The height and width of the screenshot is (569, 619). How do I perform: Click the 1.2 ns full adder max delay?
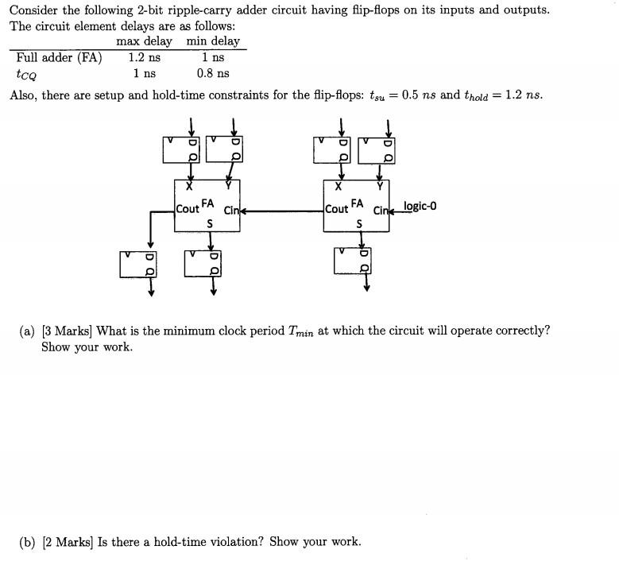point(144,57)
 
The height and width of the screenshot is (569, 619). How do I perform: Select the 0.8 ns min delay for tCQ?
point(213,73)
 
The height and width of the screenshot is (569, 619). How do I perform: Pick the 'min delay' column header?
point(213,41)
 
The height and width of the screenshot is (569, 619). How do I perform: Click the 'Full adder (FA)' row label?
point(59,57)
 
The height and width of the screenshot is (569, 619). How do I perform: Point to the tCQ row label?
point(25,74)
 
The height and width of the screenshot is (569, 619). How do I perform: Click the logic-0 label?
point(420,207)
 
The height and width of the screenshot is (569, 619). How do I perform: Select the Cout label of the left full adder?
point(188,209)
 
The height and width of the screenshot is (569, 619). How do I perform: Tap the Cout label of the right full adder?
point(336,209)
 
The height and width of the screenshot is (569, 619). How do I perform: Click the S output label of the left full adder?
point(210,224)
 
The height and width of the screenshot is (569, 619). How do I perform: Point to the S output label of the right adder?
point(359,224)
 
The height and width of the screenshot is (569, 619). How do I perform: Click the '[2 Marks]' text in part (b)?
point(68,542)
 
